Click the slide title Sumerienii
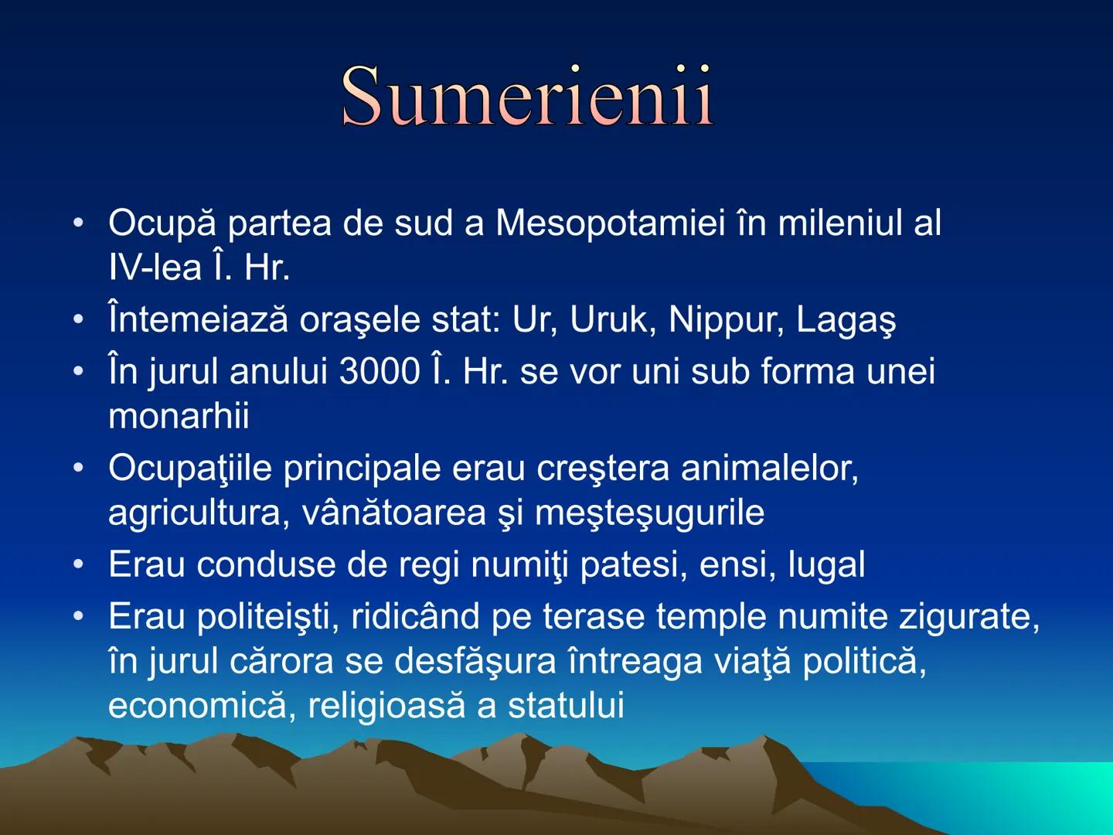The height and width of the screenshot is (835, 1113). point(527,96)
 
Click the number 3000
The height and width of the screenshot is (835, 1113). point(379,372)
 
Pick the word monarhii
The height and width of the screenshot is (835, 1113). point(179,417)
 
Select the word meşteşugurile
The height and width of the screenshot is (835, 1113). point(649,513)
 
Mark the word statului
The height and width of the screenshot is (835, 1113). point(566,706)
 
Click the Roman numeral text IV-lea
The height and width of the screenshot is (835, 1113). point(155,268)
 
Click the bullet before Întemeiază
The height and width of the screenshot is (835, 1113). point(77,319)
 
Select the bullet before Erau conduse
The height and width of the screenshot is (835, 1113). point(77,564)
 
